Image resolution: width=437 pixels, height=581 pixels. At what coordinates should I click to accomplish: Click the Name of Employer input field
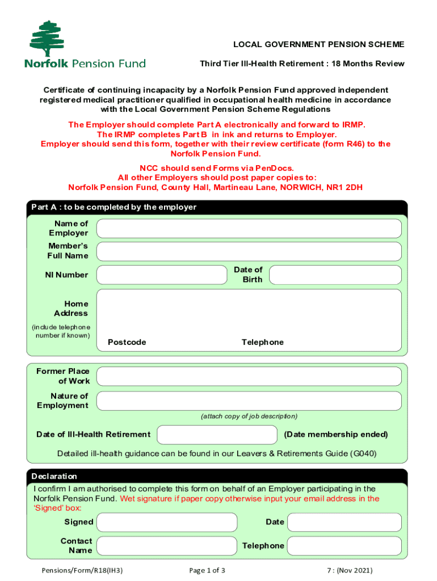coord(249,228)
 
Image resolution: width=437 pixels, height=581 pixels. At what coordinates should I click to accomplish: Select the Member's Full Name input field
coord(249,251)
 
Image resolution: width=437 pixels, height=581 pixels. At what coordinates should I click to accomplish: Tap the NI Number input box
coord(162,275)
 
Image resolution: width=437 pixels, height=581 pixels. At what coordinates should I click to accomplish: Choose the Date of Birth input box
coord(335,275)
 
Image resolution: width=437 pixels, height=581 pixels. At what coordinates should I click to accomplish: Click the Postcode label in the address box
coord(127,342)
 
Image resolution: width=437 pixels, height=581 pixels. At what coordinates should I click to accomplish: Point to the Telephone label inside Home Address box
coord(262,342)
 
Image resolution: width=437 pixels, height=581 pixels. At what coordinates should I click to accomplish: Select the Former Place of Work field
coord(249,376)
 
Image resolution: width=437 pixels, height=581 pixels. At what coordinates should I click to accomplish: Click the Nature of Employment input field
coord(249,401)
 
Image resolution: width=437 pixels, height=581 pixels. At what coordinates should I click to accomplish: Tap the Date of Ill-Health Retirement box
coord(217,435)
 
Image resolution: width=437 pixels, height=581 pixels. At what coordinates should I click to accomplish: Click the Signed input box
coord(166,522)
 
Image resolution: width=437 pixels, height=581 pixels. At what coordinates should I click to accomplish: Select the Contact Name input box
coord(166,546)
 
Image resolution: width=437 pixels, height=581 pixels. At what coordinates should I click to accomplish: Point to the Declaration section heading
coord(54,476)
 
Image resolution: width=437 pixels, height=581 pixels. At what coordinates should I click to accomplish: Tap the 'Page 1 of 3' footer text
coord(208,570)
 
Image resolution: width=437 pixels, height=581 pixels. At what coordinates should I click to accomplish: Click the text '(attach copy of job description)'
coord(249,416)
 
